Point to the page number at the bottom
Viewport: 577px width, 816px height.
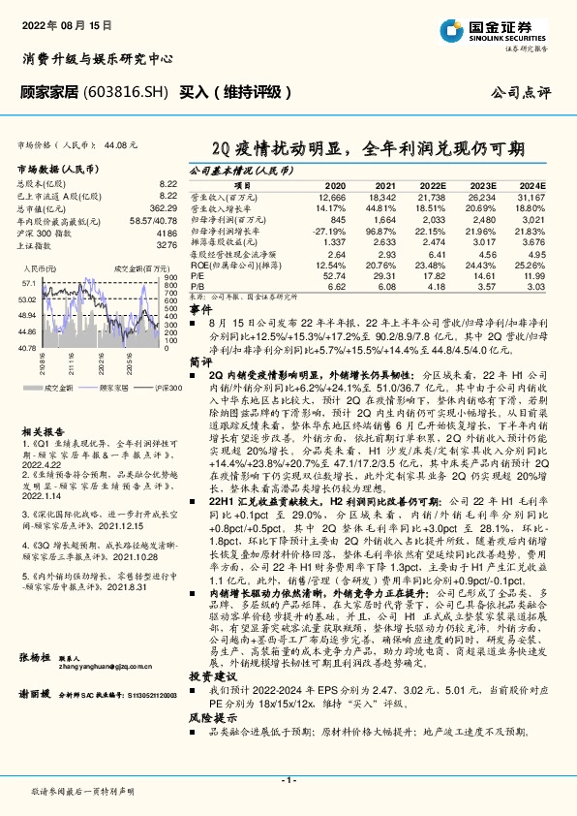point(288,779)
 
